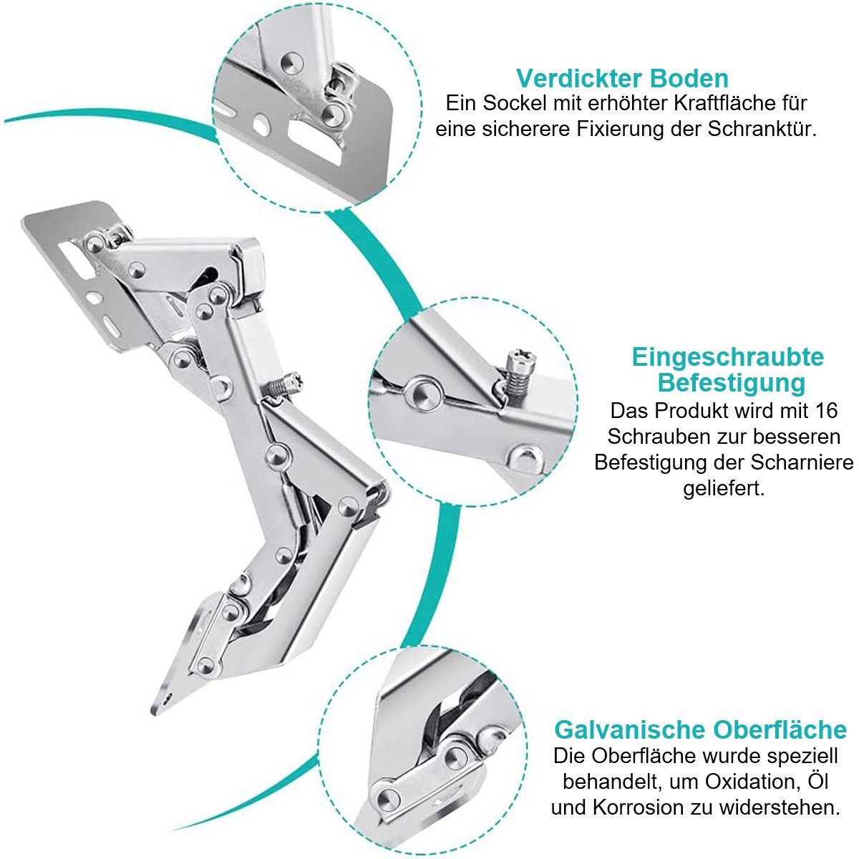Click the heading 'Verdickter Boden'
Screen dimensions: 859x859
[622, 79]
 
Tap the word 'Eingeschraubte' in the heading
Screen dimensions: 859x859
[728, 357]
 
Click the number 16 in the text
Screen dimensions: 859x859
[826, 410]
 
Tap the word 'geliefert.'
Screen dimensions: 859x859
[724, 489]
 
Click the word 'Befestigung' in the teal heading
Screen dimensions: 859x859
[732, 382]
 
